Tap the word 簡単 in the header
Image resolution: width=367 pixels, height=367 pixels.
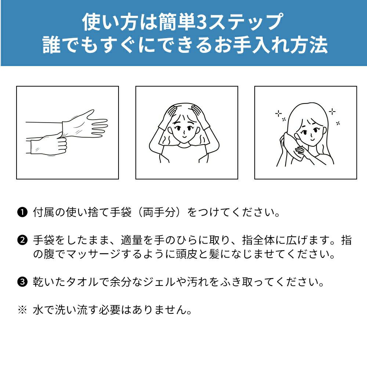177,22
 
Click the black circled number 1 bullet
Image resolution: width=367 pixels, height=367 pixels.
22,212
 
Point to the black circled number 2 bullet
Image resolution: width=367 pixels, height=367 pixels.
22,240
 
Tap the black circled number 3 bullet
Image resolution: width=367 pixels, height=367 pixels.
22,282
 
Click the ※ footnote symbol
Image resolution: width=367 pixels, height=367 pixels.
22,310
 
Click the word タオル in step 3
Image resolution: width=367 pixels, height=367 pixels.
82,282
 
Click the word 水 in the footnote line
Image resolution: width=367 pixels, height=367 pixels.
38,310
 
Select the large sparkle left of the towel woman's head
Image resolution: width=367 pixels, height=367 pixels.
279,114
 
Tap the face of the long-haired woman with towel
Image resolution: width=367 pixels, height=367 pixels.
311,132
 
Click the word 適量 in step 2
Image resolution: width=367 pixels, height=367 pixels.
131,240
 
